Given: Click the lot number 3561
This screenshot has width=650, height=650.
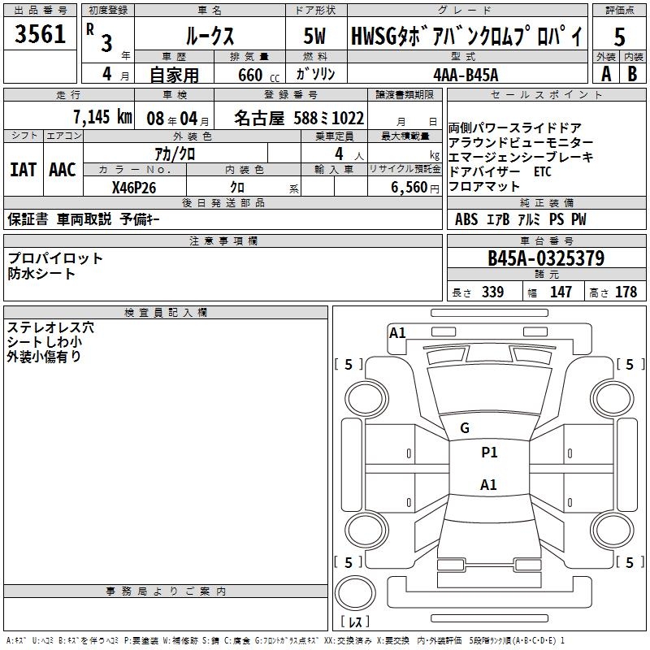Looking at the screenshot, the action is coord(41,36).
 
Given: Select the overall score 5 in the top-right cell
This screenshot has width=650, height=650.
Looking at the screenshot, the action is coord(619,37).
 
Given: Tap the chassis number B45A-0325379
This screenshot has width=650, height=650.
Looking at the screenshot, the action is coord(545,259).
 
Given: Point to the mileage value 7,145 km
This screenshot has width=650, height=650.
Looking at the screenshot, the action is coord(102,116).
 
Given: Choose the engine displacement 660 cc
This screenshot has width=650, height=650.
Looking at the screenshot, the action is coord(247,75).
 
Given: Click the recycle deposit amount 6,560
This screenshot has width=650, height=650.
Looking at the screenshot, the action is coord(405,187).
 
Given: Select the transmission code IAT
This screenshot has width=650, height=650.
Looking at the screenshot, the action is coord(23,170).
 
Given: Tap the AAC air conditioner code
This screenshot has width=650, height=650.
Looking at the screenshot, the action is coord(62,170).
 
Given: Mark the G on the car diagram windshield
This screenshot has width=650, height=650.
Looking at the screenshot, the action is coord(465,428).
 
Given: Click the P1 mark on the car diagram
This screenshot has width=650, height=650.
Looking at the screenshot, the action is coord(489,453).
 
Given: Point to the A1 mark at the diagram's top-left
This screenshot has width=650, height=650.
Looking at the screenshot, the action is coord(397,332).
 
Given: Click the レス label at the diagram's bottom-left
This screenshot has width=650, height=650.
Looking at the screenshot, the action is coord(355,623).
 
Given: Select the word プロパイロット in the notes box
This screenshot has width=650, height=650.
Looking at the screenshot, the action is coord(56,258).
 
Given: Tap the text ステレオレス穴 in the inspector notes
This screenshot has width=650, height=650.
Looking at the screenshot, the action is coord(50,327).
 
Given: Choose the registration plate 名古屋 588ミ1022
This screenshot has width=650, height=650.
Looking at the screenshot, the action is coord(299,117).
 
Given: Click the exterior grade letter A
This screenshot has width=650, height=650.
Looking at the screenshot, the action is coord(605,74).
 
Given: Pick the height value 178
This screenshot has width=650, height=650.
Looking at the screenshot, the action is coord(626,292).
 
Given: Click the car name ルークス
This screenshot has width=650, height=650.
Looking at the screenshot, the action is coord(209,37).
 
